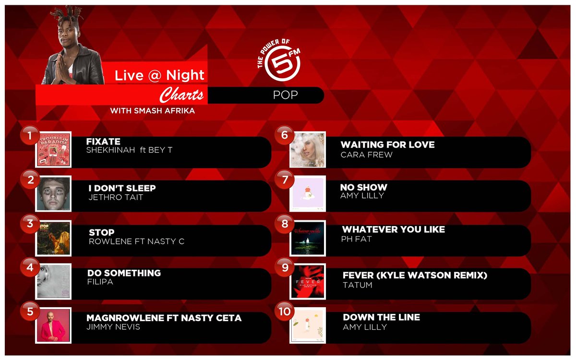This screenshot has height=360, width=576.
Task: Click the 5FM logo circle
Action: [x=283, y=66]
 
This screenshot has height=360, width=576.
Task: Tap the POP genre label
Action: [x=285, y=95]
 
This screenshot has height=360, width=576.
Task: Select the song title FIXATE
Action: [x=103, y=142]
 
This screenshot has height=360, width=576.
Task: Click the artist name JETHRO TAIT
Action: [x=116, y=197]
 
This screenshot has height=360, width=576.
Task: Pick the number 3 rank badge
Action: [x=30, y=224]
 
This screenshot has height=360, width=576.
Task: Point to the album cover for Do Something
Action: [x=53, y=281]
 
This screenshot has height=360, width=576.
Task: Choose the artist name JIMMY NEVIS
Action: [x=113, y=327]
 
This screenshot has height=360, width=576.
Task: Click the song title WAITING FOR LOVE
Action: [x=387, y=144]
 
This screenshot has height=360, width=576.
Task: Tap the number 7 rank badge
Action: [x=285, y=180]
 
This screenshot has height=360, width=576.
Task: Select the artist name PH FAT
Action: [x=356, y=239]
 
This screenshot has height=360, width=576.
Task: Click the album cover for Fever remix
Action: [x=308, y=281]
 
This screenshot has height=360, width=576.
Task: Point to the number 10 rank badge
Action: [x=285, y=312]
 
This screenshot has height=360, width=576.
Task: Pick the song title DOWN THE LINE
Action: [x=381, y=317]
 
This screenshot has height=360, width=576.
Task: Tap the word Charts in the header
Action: [x=181, y=95]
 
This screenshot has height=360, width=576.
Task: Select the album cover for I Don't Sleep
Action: [x=53, y=193]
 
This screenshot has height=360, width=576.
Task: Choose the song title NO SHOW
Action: [x=363, y=187]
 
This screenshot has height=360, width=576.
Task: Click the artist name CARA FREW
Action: [x=366, y=155]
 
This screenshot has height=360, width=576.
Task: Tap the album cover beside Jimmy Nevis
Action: [x=53, y=325]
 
